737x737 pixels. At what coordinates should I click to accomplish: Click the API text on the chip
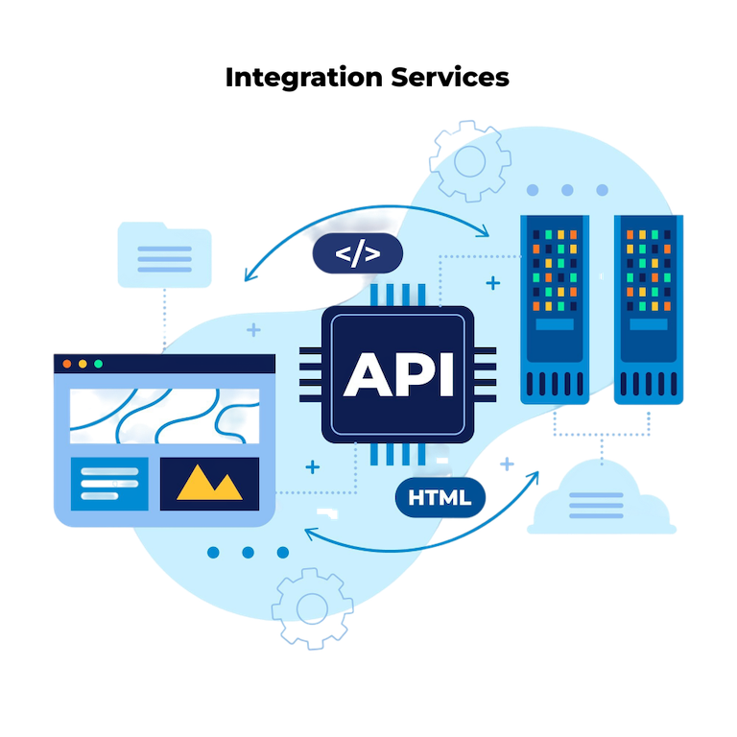[398, 374]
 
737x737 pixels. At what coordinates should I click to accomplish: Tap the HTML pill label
[440, 498]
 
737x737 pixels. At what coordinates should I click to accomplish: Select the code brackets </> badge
[357, 254]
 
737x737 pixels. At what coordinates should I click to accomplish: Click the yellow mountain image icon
[209, 483]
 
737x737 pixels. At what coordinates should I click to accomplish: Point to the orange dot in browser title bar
[66, 365]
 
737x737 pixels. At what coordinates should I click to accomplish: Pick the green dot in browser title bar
[98, 365]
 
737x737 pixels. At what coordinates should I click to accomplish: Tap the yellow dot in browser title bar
[83, 365]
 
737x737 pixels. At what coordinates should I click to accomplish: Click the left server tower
[554, 307]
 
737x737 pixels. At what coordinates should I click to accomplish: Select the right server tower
[648, 307]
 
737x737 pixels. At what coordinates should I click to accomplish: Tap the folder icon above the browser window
[165, 256]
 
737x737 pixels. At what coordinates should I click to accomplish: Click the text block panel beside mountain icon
[108, 483]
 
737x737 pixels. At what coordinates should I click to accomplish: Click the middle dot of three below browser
[248, 553]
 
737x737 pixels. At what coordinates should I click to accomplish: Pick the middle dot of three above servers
[567, 190]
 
